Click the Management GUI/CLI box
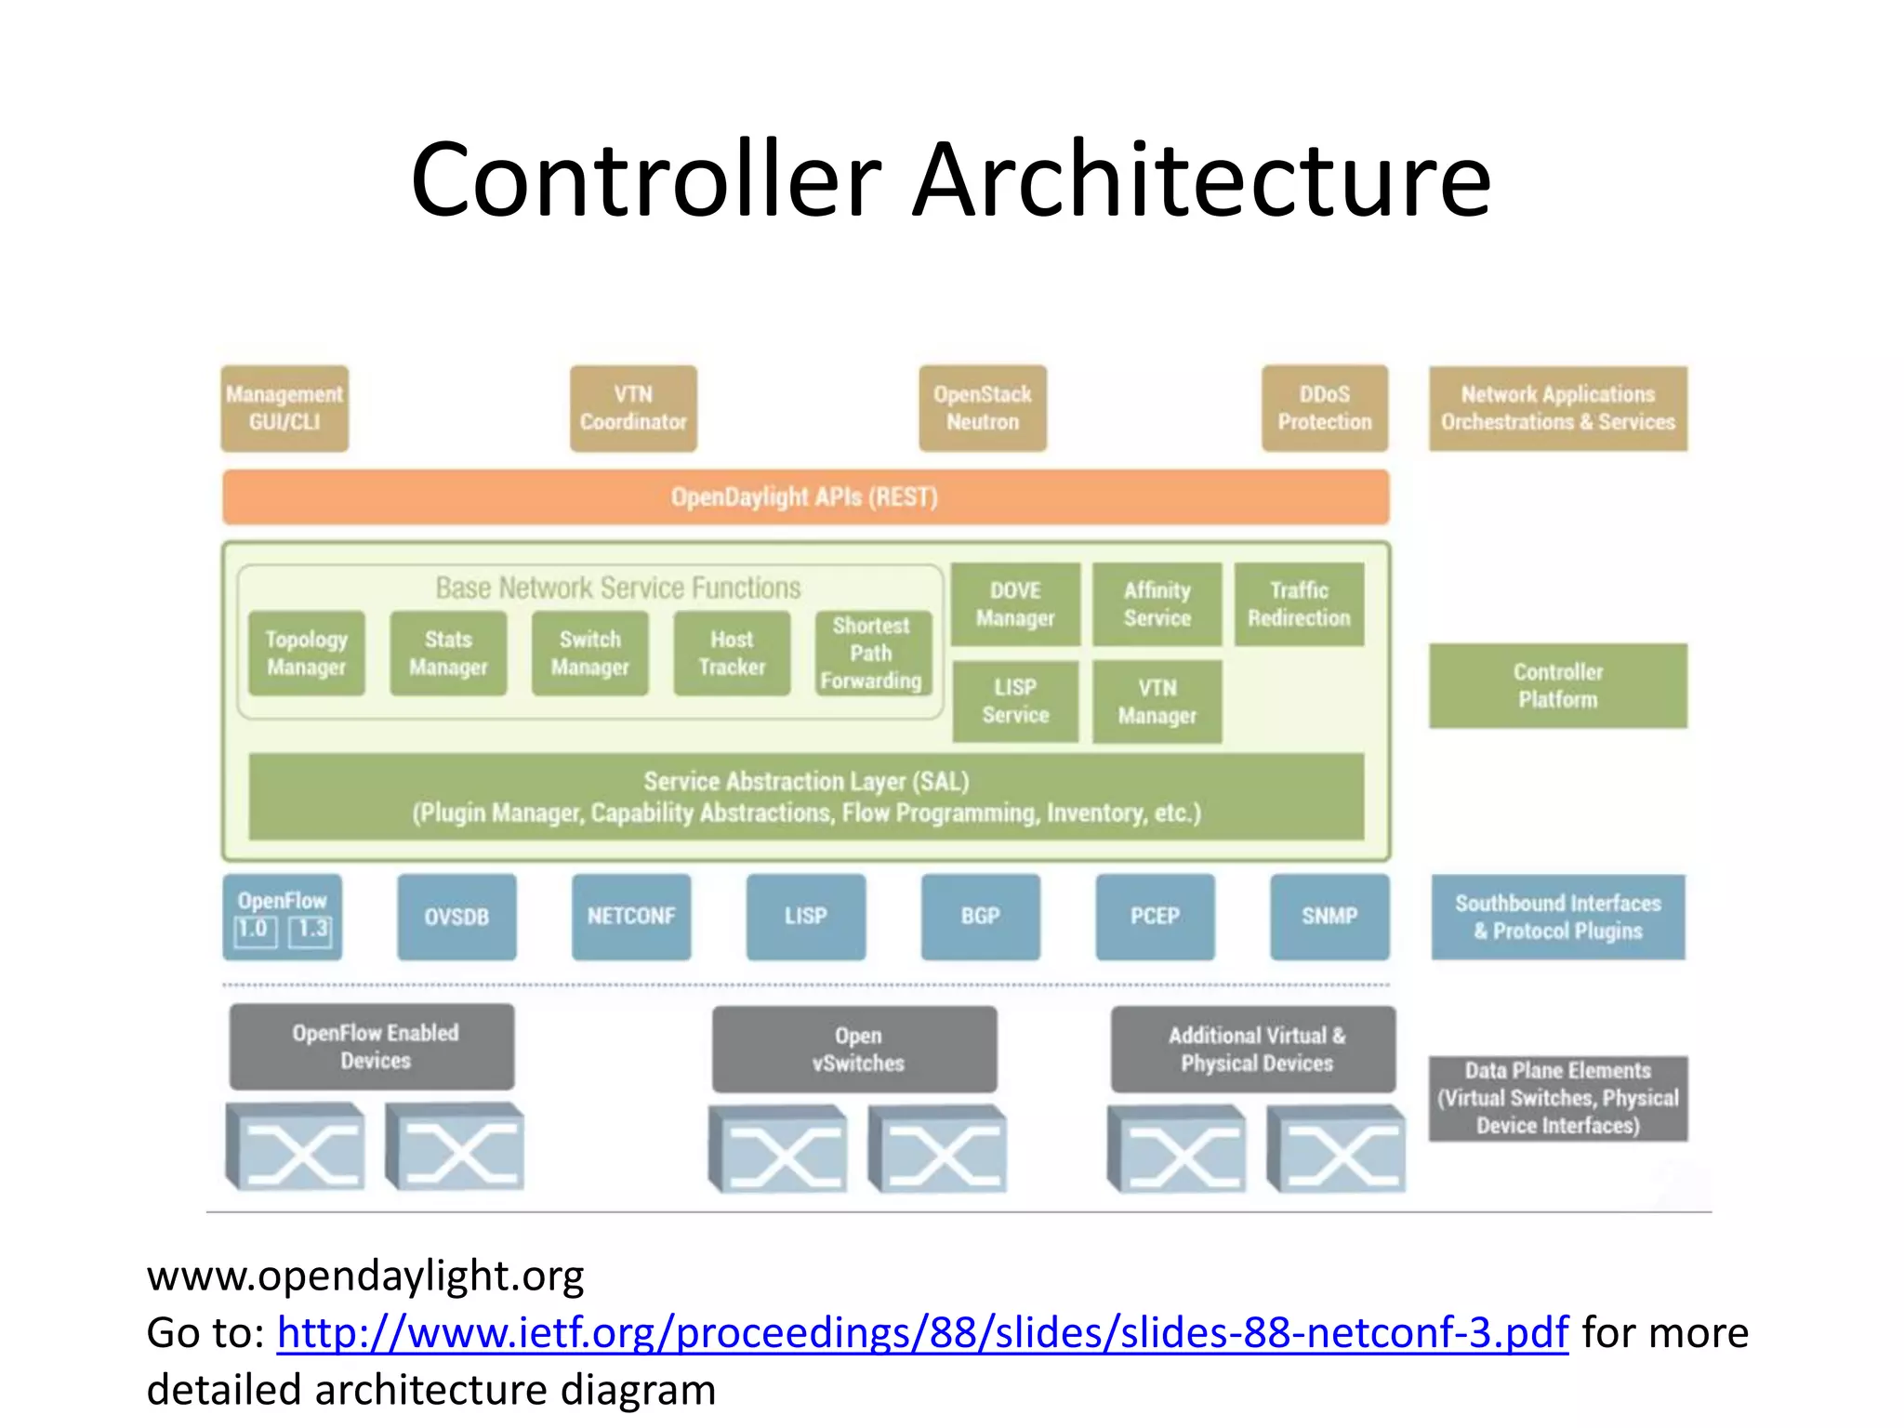point(284,408)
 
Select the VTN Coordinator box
point(633,408)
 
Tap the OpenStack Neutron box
point(983,408)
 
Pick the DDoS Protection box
point(1325,408)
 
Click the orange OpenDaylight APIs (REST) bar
point(805,497)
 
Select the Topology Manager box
point(307,653)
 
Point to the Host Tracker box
point(732,653)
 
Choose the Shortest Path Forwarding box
point(871,653)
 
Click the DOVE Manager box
point(1015,604)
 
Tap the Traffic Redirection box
point(1299,604)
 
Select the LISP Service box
point(1015,701)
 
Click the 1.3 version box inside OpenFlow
point(311,930)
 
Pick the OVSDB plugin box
point(456,917)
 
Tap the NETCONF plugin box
point(631,917)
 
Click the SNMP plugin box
point(1329,917)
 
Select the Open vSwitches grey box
point(855,1049)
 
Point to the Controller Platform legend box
point(1558,685)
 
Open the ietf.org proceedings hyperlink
point(922,1333)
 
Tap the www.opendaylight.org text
point(365,1276)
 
